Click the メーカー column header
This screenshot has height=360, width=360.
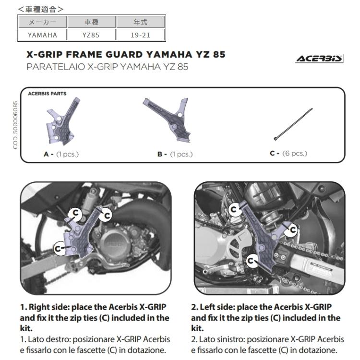click(x=42, y=22)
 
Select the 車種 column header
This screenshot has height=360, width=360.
click(x=91, y=22)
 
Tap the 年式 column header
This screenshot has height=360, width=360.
click(x=141, y=22)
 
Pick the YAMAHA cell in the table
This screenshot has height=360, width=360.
click(x=42, y=35)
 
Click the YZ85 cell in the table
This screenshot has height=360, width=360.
click(x=91, y=35)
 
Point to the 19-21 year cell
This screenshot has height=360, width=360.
click(x=141, y=35)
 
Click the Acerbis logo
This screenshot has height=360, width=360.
click(x=320, y=59)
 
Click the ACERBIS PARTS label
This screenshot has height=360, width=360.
click(x=47, y=94)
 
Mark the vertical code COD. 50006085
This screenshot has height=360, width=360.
click(x=16, y=125)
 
